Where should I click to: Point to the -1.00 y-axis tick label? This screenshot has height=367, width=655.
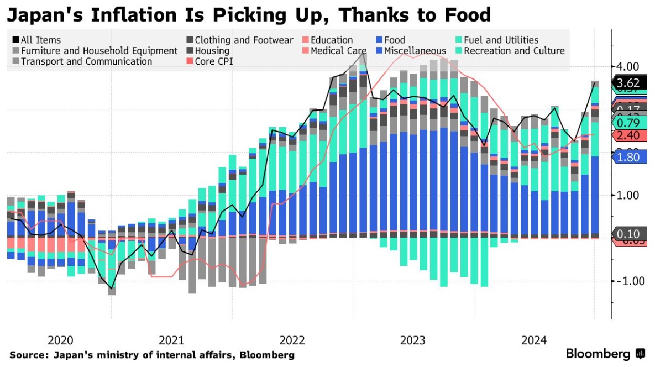point(628,281)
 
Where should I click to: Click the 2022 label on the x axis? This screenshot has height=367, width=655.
point(292,340)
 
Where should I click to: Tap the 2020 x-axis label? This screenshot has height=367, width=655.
point(61,340)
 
